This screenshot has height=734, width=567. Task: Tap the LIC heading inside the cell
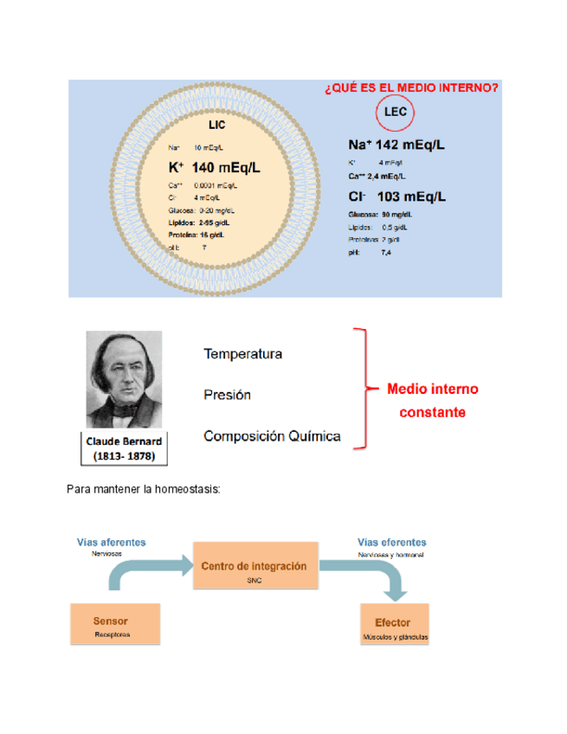coord(216,125)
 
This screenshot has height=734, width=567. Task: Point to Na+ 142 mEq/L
coord(396,145)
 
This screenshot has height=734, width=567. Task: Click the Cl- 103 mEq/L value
coord(396,196)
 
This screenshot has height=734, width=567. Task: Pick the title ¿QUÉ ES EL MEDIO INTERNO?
coord(410,87)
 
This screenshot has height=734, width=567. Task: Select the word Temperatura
coord(242,354)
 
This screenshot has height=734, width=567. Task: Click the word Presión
coord(227,395)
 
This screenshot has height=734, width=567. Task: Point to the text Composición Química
coord(272,436)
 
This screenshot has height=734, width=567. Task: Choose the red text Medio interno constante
coord(432,401)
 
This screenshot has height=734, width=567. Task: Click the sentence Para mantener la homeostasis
coord(144,490)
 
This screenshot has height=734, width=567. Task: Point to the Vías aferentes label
coord(112,542)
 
